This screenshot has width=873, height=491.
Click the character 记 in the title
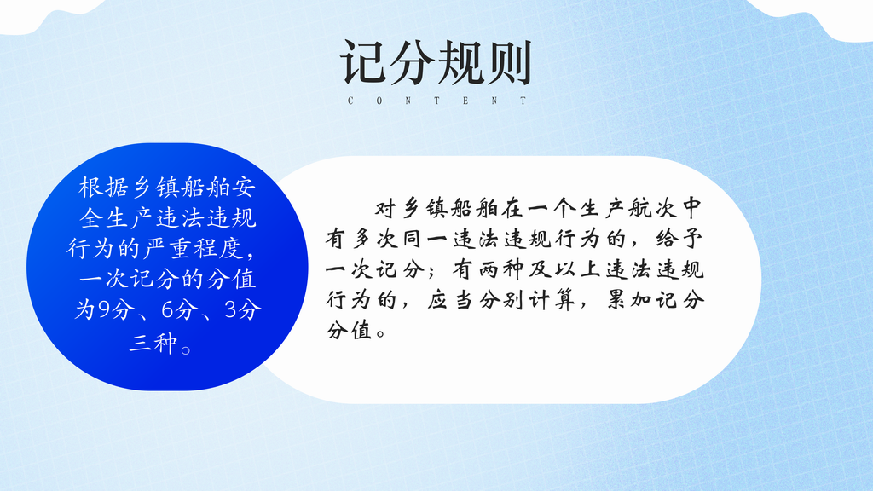tap(362, 61)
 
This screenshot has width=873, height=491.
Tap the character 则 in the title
tap(508, 61)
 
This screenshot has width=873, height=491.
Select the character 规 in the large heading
tap(460, 61)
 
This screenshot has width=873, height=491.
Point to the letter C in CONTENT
tap(350, 101)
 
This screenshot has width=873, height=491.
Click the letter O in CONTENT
tap(379, 101)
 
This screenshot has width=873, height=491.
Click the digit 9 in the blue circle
tap(104, 310)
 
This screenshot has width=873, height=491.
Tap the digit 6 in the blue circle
tap(168, 310)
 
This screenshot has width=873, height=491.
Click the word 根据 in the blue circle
tap(103, 187)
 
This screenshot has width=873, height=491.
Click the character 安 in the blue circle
tap(244, 187)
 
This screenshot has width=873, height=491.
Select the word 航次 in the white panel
tap(653, 209)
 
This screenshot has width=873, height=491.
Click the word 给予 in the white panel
tap(679, 240)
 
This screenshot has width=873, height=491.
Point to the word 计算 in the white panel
tap(552, 301)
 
